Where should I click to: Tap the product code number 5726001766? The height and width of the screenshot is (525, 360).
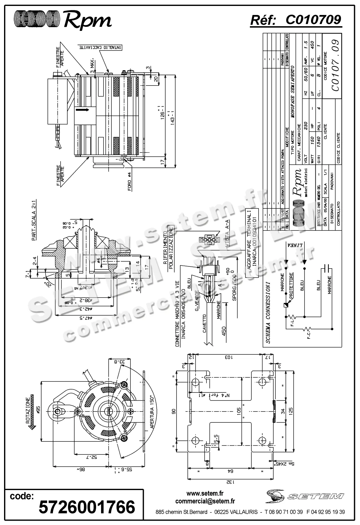pos(87,507)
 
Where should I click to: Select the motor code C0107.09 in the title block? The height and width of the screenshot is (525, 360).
pos(335,65)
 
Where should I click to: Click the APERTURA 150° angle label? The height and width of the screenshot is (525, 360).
pos(153,413)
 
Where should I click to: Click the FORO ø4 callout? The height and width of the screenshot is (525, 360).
pos(130,182)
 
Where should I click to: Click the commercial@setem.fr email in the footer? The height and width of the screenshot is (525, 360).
pos(205,501)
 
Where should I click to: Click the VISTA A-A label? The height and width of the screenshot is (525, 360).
pos(227,237)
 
